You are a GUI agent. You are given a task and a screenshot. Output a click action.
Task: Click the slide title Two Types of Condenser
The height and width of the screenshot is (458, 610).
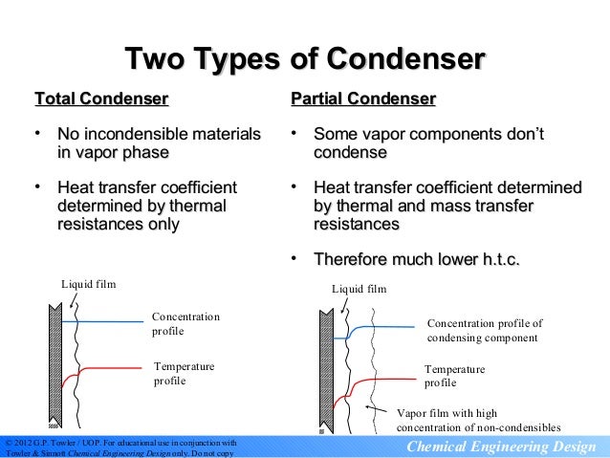tap(305, 58)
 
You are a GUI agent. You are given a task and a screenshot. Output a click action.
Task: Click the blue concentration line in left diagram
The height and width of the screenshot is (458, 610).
tap(105, 322)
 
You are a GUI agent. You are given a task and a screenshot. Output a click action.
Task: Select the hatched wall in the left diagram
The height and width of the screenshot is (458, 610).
tap(54, 363)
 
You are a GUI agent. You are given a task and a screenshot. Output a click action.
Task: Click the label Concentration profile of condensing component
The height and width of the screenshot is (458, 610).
tap(484, 330)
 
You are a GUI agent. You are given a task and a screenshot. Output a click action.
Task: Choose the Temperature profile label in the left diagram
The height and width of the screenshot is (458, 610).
tap(184, 373)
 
